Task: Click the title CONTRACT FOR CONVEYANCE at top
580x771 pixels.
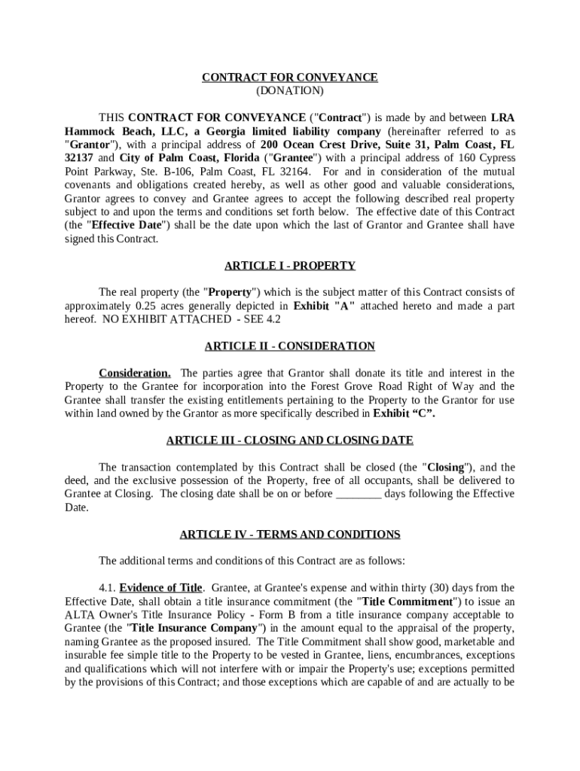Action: coord(290,78)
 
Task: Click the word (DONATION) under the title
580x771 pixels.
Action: coord(290,91)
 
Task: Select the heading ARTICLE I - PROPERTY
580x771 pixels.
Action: coord(290,266)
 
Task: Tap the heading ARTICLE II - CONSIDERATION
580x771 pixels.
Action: coord(290,346)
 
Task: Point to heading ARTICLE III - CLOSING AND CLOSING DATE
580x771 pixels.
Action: coord(290,440)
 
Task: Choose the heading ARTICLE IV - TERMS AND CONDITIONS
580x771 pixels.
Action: coord(290,535)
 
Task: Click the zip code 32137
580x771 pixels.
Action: coord(79,158)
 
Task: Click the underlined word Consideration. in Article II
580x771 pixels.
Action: coord(135,373)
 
